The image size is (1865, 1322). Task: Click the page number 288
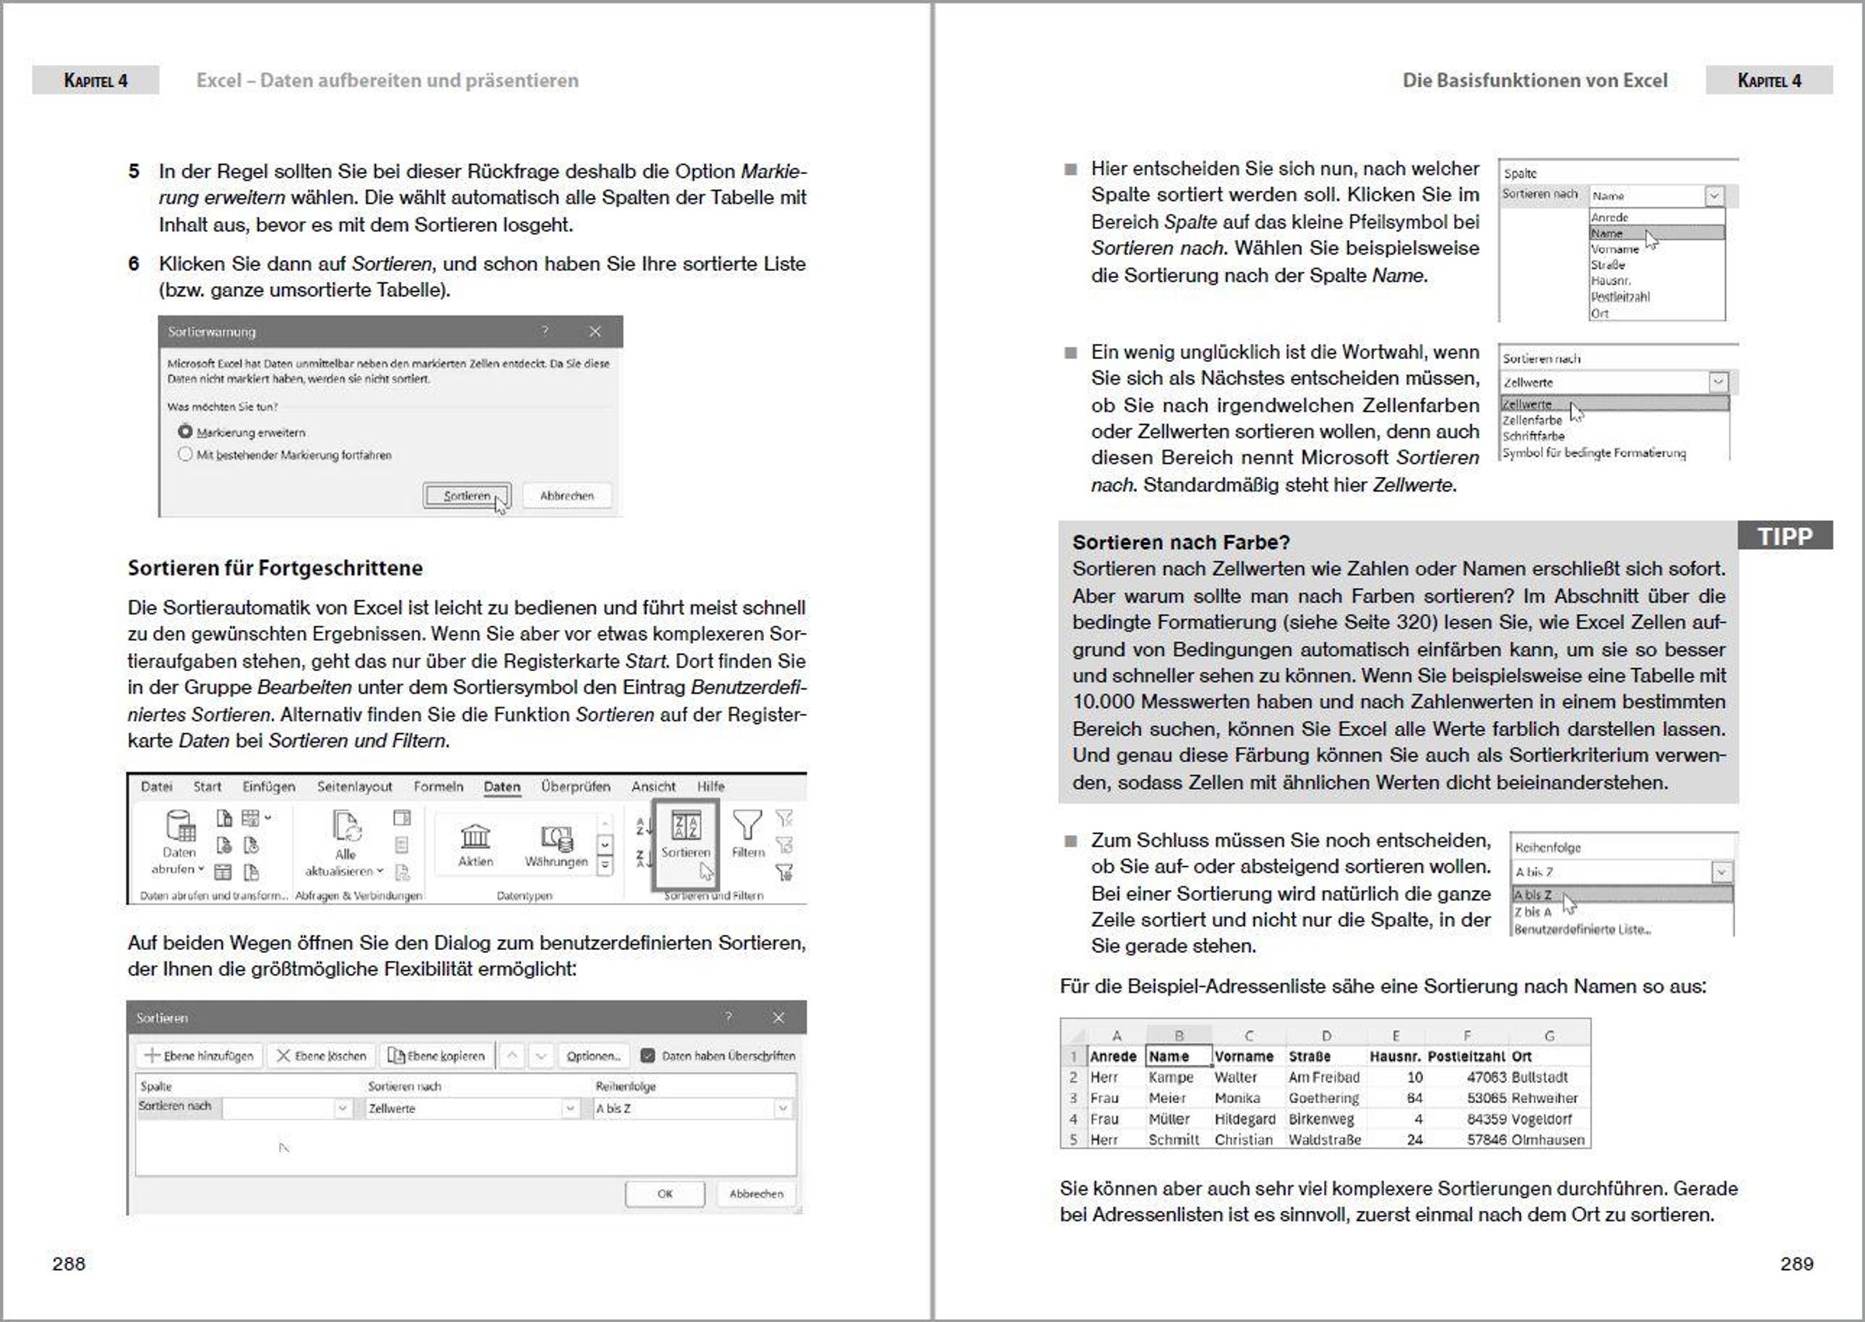(x=68, y=1264)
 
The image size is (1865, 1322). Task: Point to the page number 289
(x=1796, y=1264)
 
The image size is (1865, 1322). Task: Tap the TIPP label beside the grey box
(x=1784, y=536)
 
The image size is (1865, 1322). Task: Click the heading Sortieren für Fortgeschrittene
(x=275, y=569)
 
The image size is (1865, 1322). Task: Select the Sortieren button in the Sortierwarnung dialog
(x=467, y=496)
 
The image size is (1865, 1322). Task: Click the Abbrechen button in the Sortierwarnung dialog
(x=566, y=496)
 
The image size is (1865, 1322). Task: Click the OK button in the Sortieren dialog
(x=664, y=1193)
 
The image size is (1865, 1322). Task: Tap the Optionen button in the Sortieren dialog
(x=593, y=1056)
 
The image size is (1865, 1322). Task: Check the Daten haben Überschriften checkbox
(x=647, y=1056)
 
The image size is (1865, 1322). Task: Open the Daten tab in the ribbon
(x=502, y=786)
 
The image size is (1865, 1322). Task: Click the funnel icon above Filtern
(x=747, y=826)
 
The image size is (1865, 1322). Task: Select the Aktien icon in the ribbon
(x=475, y=838)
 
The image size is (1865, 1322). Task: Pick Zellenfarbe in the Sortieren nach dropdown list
(x=1532, y=420)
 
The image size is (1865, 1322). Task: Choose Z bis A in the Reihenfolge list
(x=1532, y=912)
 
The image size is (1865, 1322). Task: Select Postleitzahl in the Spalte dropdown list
(x=1621, y=297)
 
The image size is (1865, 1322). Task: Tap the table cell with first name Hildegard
(x=1244, y=1119)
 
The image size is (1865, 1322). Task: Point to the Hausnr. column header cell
(x=1394, y=1056)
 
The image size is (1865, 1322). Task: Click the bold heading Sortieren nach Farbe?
(x=1181, y=542)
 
